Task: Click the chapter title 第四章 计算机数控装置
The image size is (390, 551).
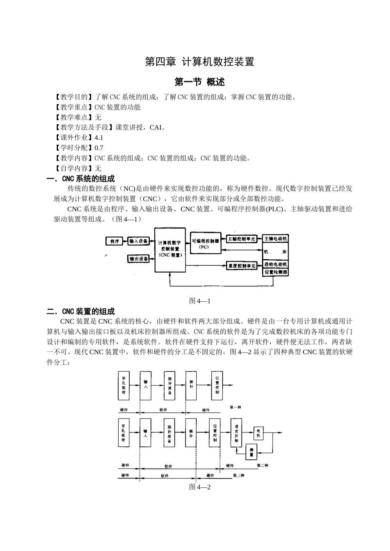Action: pos(200,62)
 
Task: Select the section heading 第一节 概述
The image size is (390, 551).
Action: pos(200,82)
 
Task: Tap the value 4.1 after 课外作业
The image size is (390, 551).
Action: pos(99,138)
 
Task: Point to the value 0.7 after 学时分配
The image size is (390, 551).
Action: pos(99,148)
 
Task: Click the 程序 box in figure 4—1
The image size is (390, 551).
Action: pos(115,241)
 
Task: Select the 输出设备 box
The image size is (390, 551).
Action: pos(139,259)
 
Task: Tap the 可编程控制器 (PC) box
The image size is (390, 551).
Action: pos(205,244)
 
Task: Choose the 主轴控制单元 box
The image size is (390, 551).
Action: pos(241,239)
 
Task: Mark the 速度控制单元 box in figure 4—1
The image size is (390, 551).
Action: pos(241,266)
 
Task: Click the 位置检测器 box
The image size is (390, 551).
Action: pos(275,272)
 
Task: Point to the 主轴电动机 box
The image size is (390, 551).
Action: pos(275,239)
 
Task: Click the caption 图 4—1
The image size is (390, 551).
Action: pos(200,301)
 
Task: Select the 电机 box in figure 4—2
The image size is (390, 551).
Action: pos(258,433)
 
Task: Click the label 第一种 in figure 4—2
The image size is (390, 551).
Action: pos(236,407)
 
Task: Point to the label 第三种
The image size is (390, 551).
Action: pos(239,476)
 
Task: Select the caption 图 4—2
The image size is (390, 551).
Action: pos(200,487)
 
